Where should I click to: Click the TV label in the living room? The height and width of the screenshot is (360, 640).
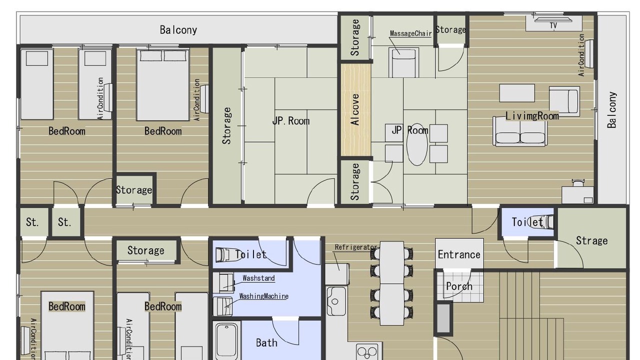(553, 25)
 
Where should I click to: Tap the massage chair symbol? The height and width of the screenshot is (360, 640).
(403, 63)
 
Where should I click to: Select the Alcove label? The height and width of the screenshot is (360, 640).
(355, 109)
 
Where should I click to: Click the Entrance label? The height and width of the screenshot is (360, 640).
(459, 254)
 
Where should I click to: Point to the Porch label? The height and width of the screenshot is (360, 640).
(459, 286)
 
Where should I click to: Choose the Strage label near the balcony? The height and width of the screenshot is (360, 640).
(591, 240)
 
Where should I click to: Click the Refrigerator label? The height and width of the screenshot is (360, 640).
(356, 247)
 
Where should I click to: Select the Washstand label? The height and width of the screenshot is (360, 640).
(258, 278)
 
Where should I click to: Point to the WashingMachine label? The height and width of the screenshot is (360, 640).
(263, 296)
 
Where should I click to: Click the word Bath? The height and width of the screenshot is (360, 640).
(266, 343)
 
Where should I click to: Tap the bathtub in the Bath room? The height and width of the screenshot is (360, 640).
(226, 341)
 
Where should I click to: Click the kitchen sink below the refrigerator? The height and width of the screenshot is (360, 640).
(336, 301)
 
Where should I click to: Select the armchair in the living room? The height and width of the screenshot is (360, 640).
(564, 101)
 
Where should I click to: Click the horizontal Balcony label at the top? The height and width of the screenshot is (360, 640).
(178, 30)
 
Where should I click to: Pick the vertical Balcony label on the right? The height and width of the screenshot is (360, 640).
(611, 110)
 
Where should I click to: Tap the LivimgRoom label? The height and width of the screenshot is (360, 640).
(532, 116)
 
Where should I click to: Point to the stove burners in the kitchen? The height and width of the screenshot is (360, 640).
(367, 352)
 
